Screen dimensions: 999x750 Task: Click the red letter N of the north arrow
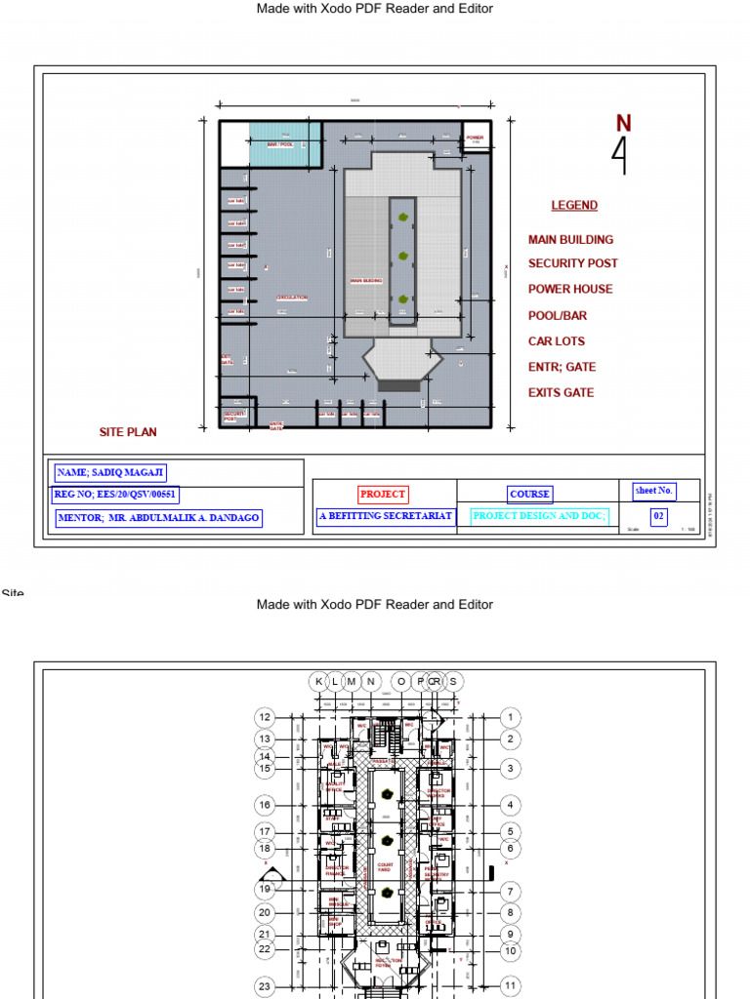[x=623, y=123]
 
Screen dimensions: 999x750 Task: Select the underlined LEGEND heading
[x=574, y=205]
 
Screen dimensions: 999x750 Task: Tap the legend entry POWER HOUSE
[x=570, y=289]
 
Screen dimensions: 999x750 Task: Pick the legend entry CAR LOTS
[x=557, y=341]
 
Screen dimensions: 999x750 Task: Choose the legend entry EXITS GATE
[x=561, y=393]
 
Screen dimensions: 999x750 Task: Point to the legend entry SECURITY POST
[x=572, y=263]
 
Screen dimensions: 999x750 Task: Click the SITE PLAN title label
[x=128, y=432]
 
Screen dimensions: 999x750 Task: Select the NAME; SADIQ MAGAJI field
[x=110, y=473]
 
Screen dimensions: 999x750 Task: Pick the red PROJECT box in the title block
[x=383, y=495]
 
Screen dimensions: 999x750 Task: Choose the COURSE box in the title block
[x=529, y=495]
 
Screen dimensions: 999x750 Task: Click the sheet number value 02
[x=659, y=517]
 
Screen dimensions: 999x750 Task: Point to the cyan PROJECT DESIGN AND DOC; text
[x=539, y=516]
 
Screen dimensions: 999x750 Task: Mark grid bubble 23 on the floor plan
[x=265, y=987]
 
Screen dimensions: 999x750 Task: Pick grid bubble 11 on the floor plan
[x=510, y=986]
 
